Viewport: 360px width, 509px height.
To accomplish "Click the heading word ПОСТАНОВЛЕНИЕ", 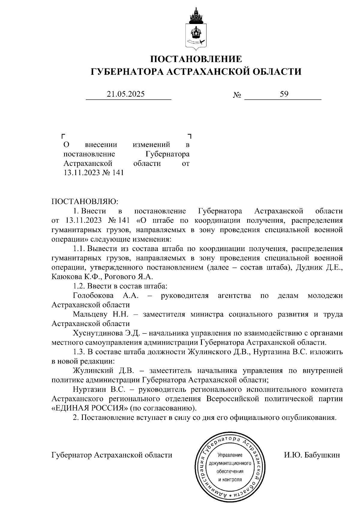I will pyautogui.click(x=196, y=59).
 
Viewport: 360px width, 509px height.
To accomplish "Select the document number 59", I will pyautogui.click(x=284, y=94).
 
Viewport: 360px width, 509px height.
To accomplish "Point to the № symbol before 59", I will pyautogui.click(x=237, y=95).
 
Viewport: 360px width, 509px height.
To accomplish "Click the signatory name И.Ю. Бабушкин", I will pyautogui.click(x=312, y=455).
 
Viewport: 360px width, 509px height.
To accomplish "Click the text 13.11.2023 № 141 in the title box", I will pyautogui.click(x=94, y=173).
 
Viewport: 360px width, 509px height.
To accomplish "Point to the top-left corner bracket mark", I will pyautogui.click(x=64, y=136).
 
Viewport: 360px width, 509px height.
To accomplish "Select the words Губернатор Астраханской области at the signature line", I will pyautogui.click(x=112, y=455).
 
